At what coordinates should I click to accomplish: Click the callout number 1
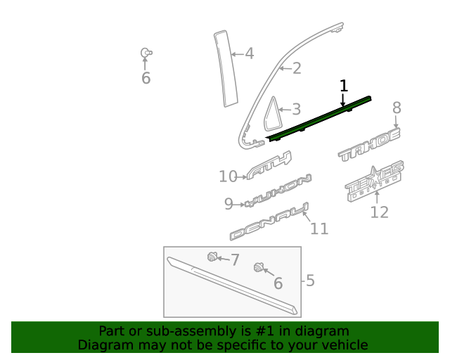(x=344, y=86)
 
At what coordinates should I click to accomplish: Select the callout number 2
(x=297, y=68)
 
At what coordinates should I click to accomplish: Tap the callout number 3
(x=296, y=109)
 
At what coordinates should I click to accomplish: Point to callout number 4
(x=249, y=53)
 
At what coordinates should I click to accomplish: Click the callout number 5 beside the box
(x=310, y=281)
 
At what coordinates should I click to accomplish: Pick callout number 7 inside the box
(x=235, y=259)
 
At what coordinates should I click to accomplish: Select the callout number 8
(x=397, y=108)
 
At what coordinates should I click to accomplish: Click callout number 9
(x=229, y=204)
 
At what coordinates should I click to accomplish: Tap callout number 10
(x=228, y=176)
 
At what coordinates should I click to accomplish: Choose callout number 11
(x=319, y=229)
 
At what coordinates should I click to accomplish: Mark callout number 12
(x=379, y=212)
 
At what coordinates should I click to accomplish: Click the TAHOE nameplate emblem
(x=369, y=145)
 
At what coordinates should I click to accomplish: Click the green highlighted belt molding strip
(x=320, y=117)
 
